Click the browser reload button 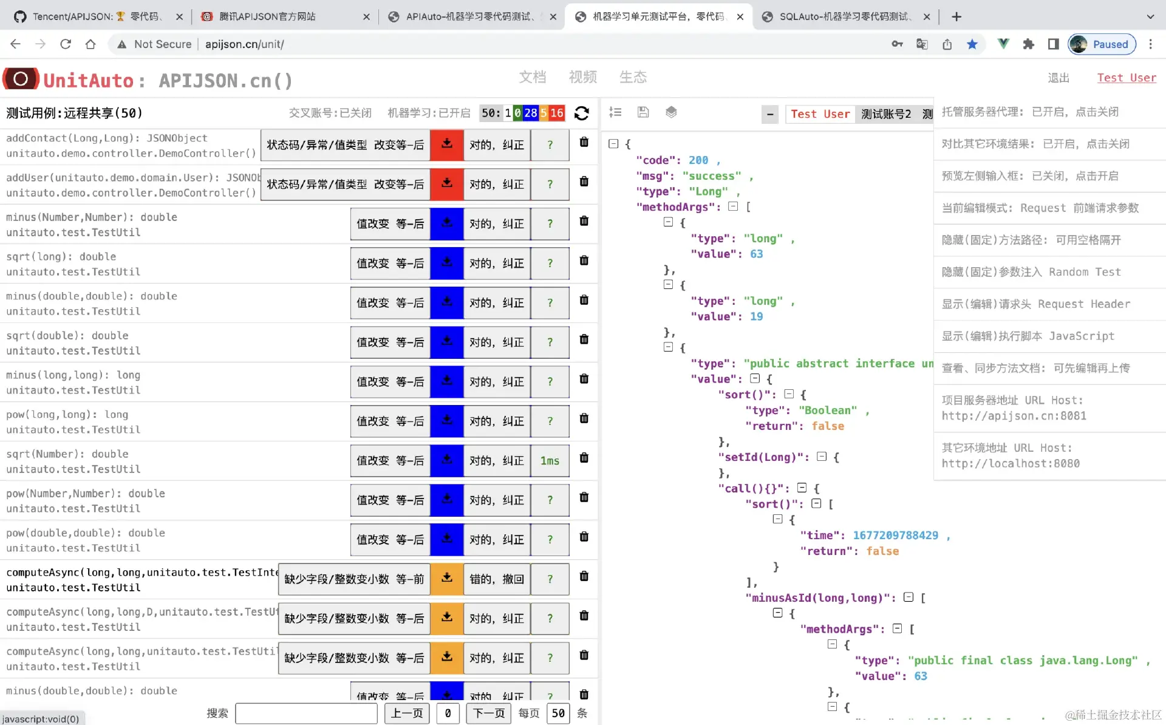pyautogui.click(x=66, y=44)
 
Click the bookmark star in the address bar pyautogui.click(x=972, y=44)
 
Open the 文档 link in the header pyautogui.click(x=533, y=77)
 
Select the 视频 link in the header pyautogui.click(x=582, y=77)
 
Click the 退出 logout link pyautogui.click(x=1059, y=78)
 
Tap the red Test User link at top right pyautogui.click(x=1127, y=78)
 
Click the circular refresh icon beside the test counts pyautogui.click(x=582, y=113)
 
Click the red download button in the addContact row pyautogui.click(x=447, y=145)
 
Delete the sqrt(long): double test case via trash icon pyautogui.click(x=584, y=260)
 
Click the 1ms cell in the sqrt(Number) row pyautogui.click(x=550, y=461)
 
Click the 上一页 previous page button pyautogui.click(x=407, y=713)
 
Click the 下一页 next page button pyautogui.click(x=489, y=713)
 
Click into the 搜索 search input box pyautogui.click(x=306, y=713)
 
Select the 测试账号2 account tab pyautogui.click(x=886, y=114)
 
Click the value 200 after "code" pyautogui.click(x=698, y=160)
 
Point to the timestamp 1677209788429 pyautogui.click(x=895, y=536)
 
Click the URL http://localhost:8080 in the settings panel pyautogui.click(x=1011, y=464)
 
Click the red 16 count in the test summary pyautogui.click(x=557, y=113)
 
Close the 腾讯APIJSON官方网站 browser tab pyautogui.click(x=366, y=17)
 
